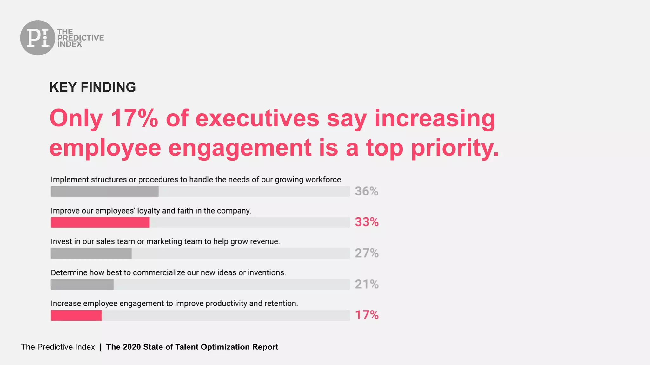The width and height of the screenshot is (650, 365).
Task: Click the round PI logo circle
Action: point(37,38)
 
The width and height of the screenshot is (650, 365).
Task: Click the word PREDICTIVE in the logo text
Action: point(81,38)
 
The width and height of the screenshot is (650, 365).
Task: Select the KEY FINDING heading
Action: point(92,87)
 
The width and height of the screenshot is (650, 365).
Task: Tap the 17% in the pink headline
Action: point(134,118)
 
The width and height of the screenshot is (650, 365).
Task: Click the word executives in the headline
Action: point(257,118)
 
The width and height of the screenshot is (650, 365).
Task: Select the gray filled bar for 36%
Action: point(105,191)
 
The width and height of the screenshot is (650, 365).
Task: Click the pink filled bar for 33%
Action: point(100,222)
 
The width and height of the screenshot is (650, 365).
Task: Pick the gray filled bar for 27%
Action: point(91,253)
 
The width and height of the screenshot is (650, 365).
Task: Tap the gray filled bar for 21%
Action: point(82,284)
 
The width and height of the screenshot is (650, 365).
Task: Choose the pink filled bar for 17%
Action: point(76,315)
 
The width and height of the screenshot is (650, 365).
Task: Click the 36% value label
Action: point(367,191)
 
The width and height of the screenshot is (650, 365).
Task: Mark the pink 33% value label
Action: point(367,222)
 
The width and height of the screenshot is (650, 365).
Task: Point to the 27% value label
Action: point(367,253)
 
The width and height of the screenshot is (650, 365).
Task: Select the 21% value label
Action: point(367,284)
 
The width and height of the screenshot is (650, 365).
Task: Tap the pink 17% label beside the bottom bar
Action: point(367,315)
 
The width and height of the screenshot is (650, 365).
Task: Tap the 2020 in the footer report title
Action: point(132,347)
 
